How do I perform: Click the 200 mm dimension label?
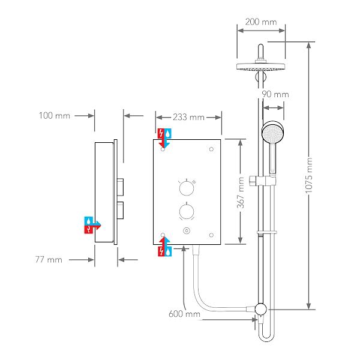click(261, 22)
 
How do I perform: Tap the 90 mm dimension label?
click(276, 94)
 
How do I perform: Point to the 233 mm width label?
click(188, 117)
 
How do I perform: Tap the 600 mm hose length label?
click(184, 314)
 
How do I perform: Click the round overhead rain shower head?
click(260, 65)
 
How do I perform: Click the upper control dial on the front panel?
click(187, 188)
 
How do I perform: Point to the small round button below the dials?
click(187, 232)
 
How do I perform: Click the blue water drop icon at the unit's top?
click(169, 133)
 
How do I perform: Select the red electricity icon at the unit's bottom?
click(160, 253)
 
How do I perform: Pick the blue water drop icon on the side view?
click(89, 220)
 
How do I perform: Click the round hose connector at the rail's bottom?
click(261, 309)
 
